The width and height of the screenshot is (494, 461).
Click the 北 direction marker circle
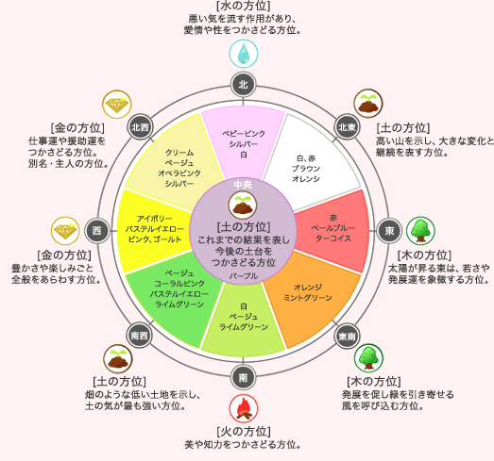click(244, 86)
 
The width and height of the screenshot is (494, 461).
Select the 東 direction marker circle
click(389, 231)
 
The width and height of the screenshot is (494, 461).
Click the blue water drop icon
click(244, 54)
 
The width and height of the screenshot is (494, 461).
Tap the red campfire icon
click(244, 410)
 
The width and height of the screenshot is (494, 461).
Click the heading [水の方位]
click(244, 8)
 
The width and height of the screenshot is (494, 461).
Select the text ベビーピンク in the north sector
click(244, 133)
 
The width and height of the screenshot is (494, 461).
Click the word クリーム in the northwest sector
click(179, 152)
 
